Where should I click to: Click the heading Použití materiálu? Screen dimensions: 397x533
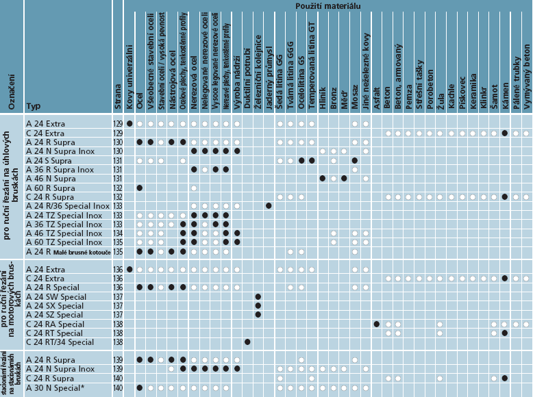point(324,5)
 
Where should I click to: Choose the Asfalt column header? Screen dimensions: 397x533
point(377,95)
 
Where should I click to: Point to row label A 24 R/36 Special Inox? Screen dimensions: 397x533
point(63,205)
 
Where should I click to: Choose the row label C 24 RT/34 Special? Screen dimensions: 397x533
point(59,342)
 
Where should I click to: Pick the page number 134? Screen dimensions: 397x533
point(117,233)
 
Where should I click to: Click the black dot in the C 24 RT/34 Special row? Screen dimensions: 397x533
point(247,342)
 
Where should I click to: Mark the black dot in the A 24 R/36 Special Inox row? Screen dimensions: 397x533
point(269,205)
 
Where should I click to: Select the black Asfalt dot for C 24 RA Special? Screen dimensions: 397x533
point(377,324)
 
